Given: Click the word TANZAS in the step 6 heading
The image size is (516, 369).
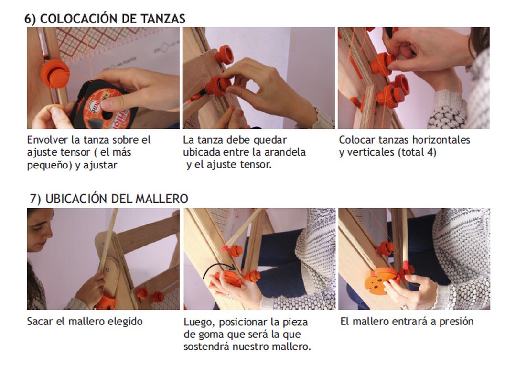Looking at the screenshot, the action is [x=163, y=19].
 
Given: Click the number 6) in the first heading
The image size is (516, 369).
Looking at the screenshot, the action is [x=30, y=19].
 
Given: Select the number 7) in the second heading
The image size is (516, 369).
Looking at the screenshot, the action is [x=35, y=199].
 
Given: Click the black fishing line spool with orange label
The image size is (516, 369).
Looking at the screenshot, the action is [x=103, y=105].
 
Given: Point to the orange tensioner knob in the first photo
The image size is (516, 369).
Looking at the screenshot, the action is [x=54, y=73].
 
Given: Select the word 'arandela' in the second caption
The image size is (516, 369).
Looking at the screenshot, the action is [x=285, y=152].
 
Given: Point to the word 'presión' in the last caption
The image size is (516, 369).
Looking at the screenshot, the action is [x=457, y=322].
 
